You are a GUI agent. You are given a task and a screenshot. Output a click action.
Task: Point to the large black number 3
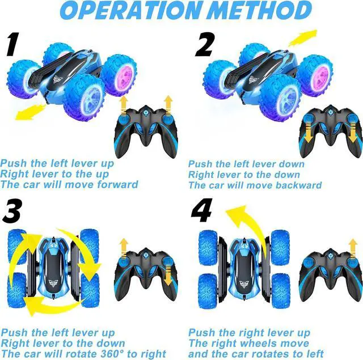(x=12, y=210)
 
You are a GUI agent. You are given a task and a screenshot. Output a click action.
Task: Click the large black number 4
(x=202, y=210)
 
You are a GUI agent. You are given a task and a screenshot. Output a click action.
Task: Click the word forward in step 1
(x=118, y=185)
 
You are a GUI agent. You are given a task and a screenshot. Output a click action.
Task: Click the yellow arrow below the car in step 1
(x=31, y=112)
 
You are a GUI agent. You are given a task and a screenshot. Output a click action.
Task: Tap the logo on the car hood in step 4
(x=244, y=283)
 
